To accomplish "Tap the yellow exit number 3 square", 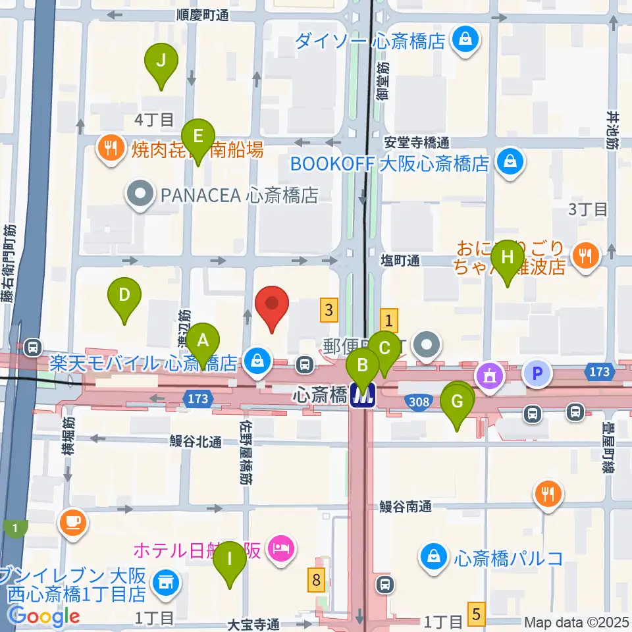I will click(x=330, y=309).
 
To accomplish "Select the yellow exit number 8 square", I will click(x=317, y=581).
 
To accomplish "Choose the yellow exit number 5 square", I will click(x=477, y=614).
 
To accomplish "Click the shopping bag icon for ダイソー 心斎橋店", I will click(x=466, y=41).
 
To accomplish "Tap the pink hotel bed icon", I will click(x=282, y=548).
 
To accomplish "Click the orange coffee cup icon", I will click(x=72, y=522).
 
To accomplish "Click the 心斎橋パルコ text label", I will click(x=508, y=558).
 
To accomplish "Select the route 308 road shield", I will click(x=419, y=401).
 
